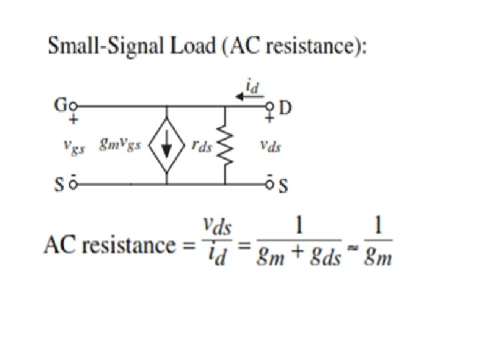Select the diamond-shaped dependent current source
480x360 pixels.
point(167,145)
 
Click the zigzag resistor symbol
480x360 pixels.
point(225,145)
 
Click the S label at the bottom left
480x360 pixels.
point(59,185)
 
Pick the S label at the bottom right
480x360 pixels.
point(283,186)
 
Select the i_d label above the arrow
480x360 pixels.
point(252,85)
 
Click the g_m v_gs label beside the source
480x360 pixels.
point(119,145)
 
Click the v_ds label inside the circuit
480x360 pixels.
point(269,145)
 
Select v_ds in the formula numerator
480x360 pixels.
point(217,229)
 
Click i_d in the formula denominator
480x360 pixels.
point(217,255)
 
